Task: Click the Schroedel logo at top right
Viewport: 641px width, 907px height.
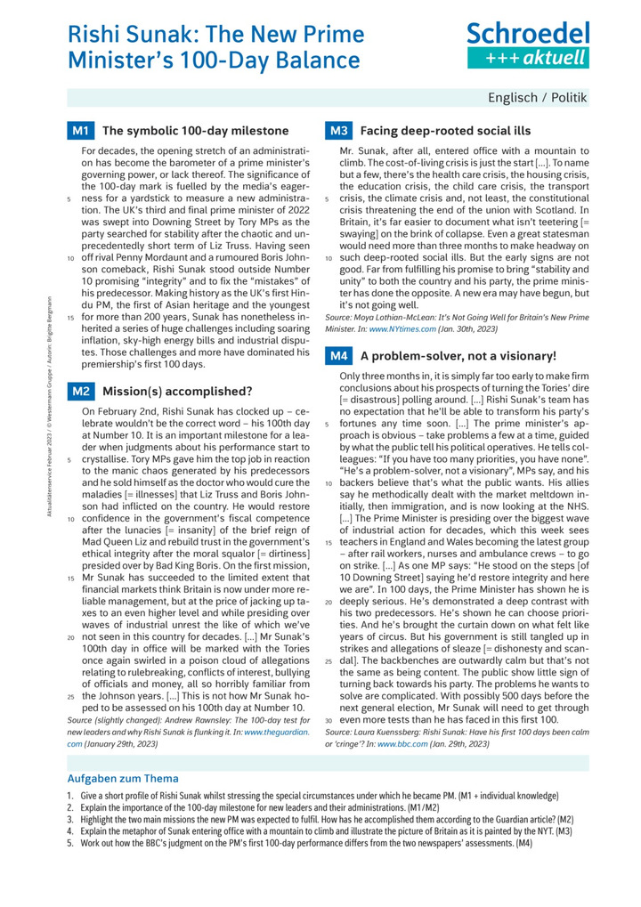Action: [528, 45]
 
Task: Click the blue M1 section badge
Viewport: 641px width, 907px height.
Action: [80, 131]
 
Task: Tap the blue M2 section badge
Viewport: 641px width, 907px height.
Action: [80, 391]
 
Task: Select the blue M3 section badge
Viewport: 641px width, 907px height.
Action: [338, 131]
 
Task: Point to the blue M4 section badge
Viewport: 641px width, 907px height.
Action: [338, 356]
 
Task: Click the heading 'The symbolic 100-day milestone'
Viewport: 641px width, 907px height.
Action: [184, 131]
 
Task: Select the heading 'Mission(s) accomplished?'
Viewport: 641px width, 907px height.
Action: [177, 391]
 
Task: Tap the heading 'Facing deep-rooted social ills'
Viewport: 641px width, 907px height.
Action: [445, 131]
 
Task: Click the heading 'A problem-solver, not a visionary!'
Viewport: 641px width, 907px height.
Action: [458, 356]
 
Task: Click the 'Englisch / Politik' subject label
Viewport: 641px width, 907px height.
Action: [537, 97]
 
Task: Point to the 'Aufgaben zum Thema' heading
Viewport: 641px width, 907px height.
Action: [123, 778]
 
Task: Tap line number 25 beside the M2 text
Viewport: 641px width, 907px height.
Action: [70, 694]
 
